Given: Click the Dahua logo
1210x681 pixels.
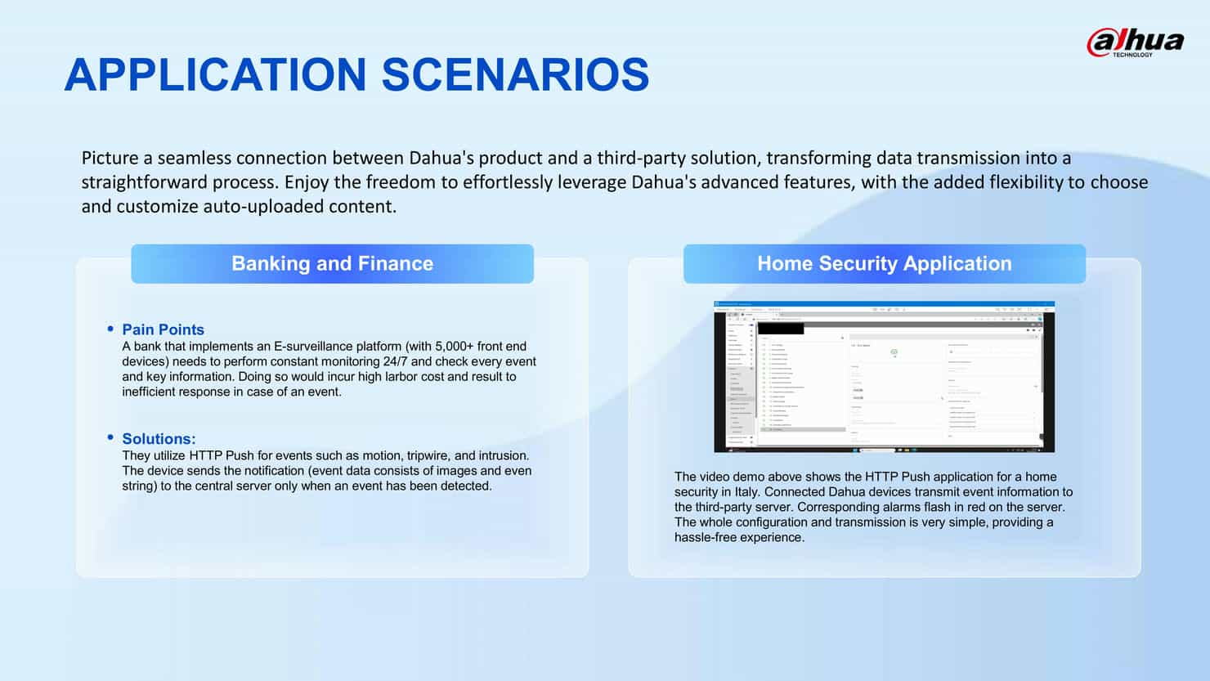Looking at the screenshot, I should click(x=1135, y=42).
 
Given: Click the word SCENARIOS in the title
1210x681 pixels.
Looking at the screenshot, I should click(x=515, y=74).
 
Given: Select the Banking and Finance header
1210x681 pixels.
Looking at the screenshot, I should click(x=332, y=263).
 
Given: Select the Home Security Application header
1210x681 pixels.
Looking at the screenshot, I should click(x=884, y=263).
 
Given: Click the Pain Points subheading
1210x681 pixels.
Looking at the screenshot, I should click(x=163, y=329).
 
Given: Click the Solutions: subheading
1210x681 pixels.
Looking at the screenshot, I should click(x=159, y=439).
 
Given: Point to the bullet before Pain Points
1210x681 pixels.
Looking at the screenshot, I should click(x=110, y=329).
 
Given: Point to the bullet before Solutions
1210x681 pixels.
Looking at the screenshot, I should click(x=110, y=437).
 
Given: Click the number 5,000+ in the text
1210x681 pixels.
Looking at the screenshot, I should click(x=455, y=347).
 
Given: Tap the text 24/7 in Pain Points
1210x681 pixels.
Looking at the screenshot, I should click(x=395, y=361).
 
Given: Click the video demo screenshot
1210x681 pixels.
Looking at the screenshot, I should click(x=884, y=377).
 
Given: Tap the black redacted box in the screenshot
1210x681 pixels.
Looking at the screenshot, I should click(x=781, y=329).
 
